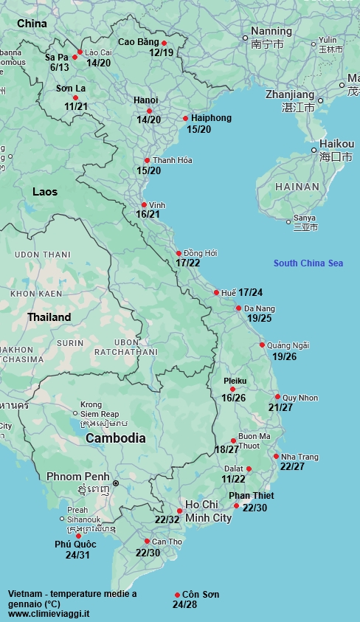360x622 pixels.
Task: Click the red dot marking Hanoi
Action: tap(149, 111)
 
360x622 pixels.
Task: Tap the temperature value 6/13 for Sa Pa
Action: tap(60, 67)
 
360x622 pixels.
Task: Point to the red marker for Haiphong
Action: tap(185, 118)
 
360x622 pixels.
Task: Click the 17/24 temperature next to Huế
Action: tap(251, 292)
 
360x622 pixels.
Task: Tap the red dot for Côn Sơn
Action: tap(177, 595)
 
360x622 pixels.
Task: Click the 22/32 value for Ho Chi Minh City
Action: tap(167, 519)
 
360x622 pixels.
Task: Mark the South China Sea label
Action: tap(308, 263)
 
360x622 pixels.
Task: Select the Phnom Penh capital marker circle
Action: tap(115, 483)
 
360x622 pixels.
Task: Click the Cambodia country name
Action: tap(115, 438)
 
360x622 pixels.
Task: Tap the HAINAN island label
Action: tap(297, 187)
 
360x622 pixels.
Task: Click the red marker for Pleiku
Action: tap(232, 389)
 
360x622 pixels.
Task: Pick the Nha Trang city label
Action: tap(300, 457)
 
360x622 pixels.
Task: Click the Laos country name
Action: tap(45, 191)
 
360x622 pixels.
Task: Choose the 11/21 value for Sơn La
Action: tap(76, 107)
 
